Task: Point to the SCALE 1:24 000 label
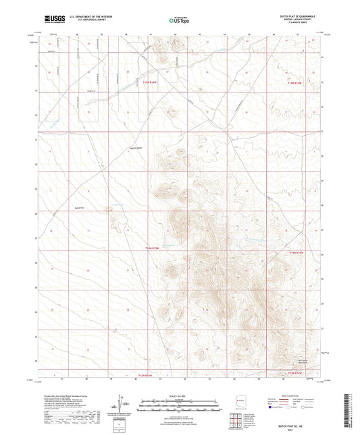pyautogui.click(x=178, y=395)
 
